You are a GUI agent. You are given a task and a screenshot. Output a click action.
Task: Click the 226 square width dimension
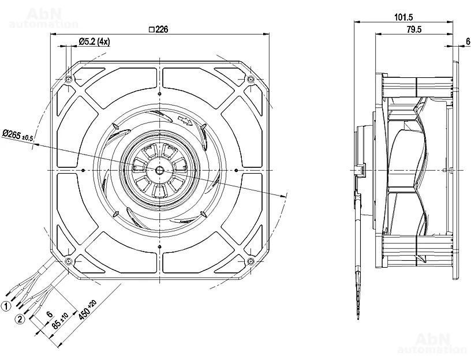pyautogui.click(x=159, y=30)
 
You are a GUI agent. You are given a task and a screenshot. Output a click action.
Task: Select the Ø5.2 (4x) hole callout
pyautogui.click(x=94, y=41)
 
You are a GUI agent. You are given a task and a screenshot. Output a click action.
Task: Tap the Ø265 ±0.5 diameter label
pyautogui.click(x=18, y=136)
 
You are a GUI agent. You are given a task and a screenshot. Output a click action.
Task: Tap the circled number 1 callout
pyautogui.click(x=6, y=306)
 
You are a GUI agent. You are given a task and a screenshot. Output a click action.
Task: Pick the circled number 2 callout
pyautogui.click(x=20, y=318)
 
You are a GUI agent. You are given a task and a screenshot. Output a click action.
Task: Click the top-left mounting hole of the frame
pyautogui.click(x=69, y=79)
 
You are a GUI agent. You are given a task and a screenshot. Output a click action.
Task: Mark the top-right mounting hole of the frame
pyautogui.click(x=250, y=79)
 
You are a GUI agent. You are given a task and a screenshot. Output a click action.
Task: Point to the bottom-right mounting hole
pyautogui.click(x=250, y=261)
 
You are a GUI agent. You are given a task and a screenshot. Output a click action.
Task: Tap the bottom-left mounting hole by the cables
pyautogui.click(x=69, y=261)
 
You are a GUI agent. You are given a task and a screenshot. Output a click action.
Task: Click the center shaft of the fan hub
pyautogui.click(x=159, y=170)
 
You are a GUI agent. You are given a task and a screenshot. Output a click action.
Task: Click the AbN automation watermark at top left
pyautogui.click(x=44, y=18)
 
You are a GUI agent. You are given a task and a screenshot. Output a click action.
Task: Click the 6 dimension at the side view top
pyautogui.click(x=467, y=41)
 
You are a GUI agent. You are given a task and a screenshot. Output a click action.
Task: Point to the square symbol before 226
pyautogui.click(x=151, y=30)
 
